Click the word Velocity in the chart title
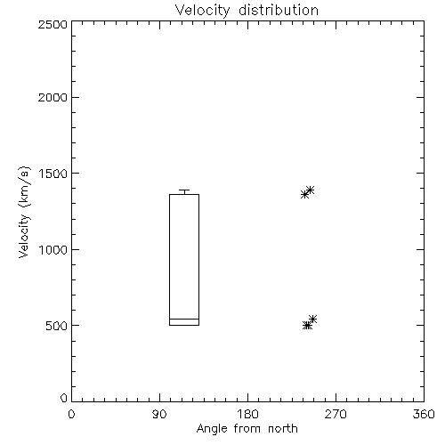coord(202,11)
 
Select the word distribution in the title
coord(279,10)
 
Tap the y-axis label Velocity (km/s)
coord(24,212)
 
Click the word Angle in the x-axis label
coord(212,429)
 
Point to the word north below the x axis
coord(283,428)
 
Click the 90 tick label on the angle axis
coord(159,414)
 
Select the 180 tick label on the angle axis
coord(247,414)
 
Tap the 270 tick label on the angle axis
coord(336,414)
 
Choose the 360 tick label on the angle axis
coord(424,414)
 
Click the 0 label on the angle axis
coord(71,414)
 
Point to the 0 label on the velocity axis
coord(64,398)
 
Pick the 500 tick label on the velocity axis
coord(56,326)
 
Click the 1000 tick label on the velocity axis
coord(53,250)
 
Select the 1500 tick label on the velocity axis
coord(53,174)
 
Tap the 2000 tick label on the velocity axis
coord(53,98)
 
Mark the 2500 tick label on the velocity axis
coord(53,24)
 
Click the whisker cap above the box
coord(184,190)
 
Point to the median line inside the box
coord(184,319)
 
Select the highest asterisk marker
coord(310,190)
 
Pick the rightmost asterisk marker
coord(312,320)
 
